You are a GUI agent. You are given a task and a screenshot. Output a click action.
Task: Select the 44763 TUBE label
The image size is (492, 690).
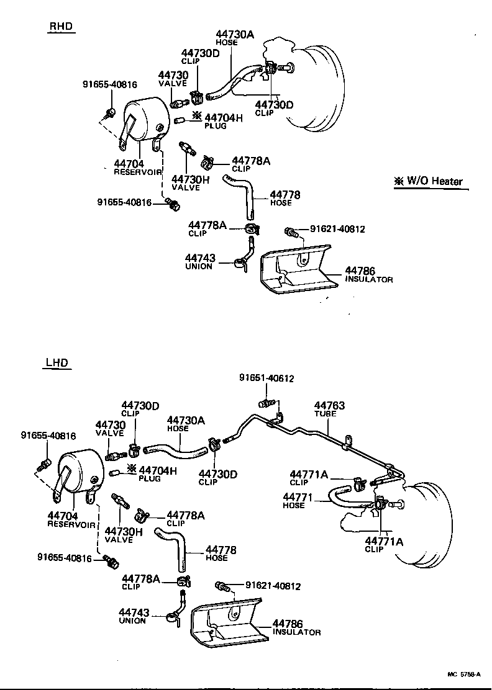[329, 409]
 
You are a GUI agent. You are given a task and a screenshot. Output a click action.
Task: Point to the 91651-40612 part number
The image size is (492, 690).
[266, 378]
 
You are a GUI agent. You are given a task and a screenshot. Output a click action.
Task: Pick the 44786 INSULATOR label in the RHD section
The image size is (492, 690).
[369, 274]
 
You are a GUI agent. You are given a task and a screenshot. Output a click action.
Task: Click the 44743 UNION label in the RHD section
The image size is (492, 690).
[199, 261]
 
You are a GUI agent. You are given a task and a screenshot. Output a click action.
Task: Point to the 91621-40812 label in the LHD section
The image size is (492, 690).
[273, 585]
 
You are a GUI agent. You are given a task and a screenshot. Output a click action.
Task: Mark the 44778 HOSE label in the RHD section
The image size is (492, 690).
[285, 198]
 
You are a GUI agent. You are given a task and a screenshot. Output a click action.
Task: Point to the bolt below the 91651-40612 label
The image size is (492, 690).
[266, 404]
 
